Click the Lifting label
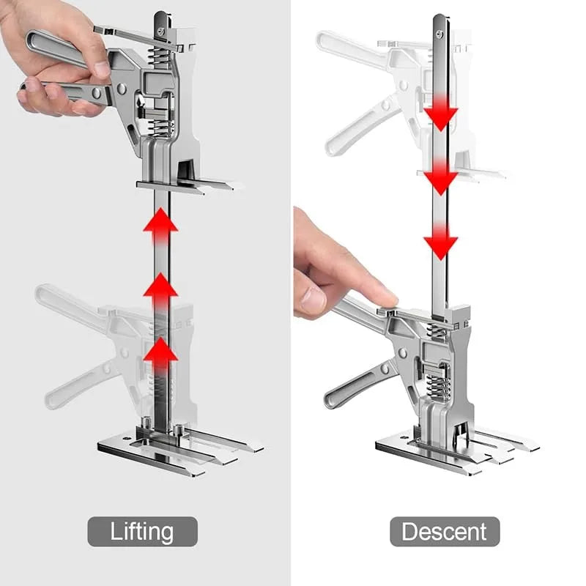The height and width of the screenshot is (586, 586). (143, 531)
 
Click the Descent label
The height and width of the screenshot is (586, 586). (444, 531)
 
